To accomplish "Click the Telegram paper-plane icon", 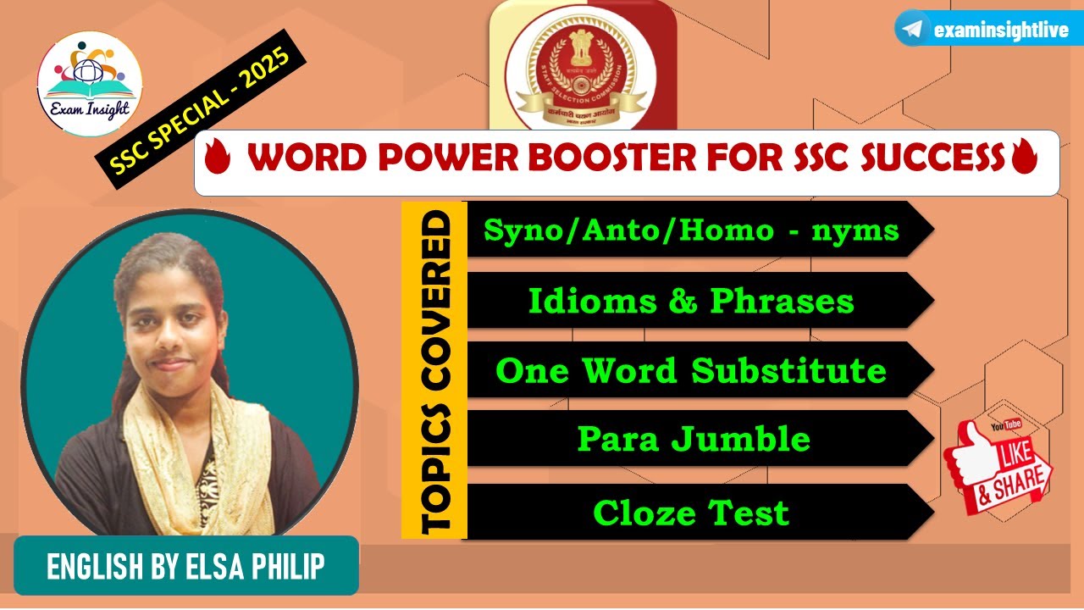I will point(912,30).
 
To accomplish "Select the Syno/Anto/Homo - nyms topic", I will point(691,229).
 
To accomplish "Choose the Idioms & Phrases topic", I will point(691,300).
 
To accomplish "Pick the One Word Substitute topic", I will point(691,370).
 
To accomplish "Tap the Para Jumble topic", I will point(693,439).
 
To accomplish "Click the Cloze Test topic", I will point(691,513).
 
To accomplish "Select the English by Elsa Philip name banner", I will point(186,566).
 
